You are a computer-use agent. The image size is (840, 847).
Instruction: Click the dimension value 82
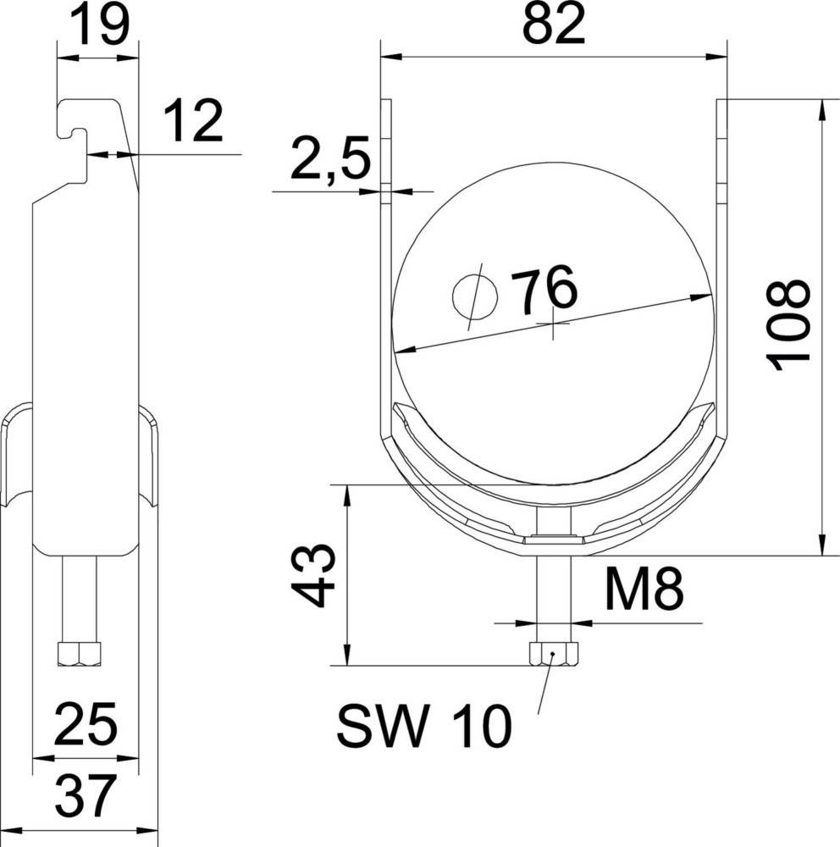click(553, 26)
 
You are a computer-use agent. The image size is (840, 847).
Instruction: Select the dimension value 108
click(788, 324)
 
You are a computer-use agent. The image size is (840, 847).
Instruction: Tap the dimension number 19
click(98, 26)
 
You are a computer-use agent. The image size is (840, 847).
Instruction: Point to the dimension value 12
click(192, 121)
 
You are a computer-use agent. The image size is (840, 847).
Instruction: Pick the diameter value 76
click(547, 291)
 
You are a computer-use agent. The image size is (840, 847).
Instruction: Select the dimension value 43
click(314, 577)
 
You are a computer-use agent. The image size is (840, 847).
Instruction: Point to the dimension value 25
click(85, 725)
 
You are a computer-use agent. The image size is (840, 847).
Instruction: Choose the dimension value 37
click(85, 795)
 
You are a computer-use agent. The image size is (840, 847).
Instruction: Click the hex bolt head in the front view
click(554, 654)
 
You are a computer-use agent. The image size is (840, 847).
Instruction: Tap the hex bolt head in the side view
click(79, 653)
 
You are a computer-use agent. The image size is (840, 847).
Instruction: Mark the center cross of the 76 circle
click(553, 324)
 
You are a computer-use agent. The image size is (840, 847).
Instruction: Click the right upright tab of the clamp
click(722, 144)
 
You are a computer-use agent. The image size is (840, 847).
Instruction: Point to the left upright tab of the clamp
click(386, 144)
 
